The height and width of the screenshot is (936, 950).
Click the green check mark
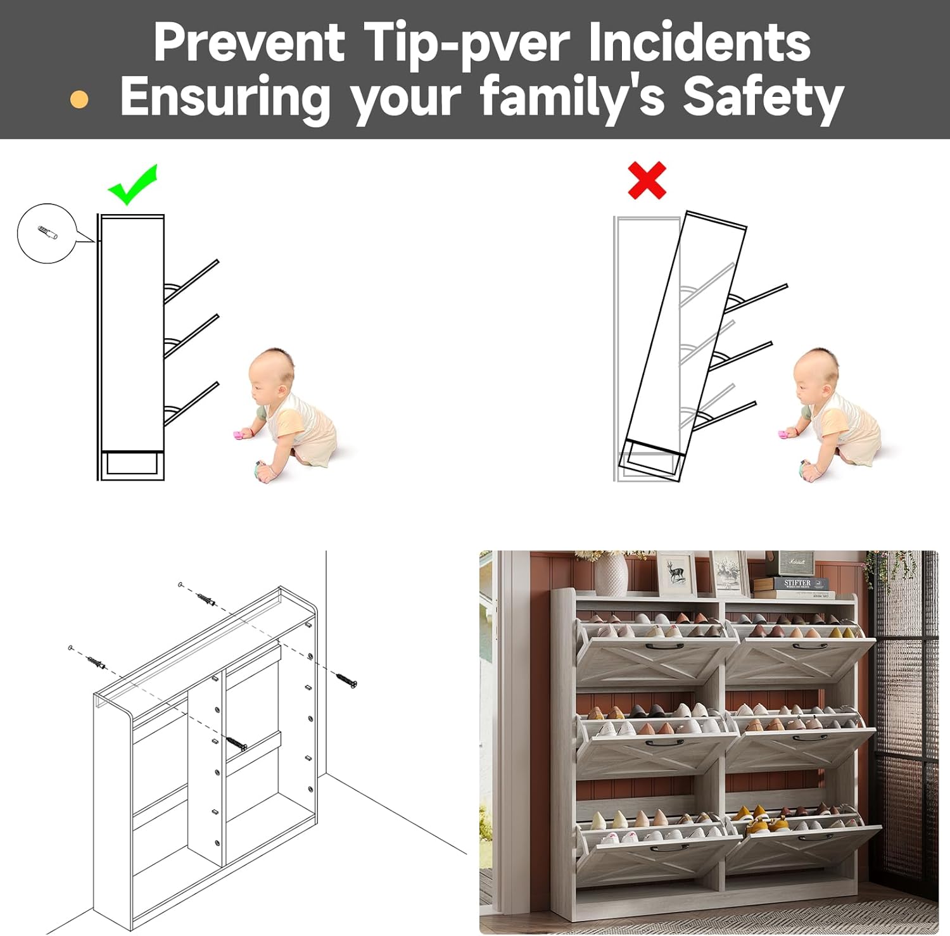coord(132,186)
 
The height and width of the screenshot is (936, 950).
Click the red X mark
coord(647,180)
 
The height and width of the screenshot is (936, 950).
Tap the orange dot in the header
coord(79,99)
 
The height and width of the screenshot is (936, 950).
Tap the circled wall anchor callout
coord(47,233)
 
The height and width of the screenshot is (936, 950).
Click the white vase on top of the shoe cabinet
coord(611,574)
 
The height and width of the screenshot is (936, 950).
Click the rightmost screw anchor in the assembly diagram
coord(346,679)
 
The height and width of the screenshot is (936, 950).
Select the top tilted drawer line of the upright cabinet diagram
coord(191,281)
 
